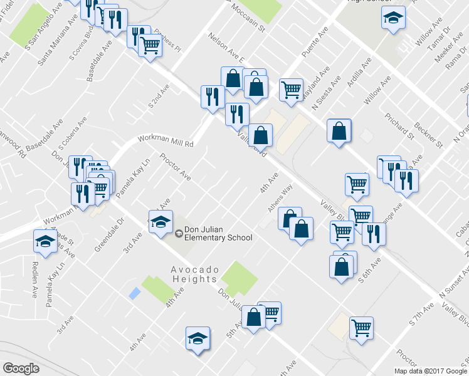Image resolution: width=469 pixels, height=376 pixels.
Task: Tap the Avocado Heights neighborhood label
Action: [194, 274]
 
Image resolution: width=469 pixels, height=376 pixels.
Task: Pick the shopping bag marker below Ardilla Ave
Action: [339, 131]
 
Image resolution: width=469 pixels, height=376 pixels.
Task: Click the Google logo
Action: [21, 368]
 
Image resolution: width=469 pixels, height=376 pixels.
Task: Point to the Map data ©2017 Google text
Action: [430, 370]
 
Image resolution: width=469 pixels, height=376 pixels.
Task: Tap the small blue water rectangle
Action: [134, 293]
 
